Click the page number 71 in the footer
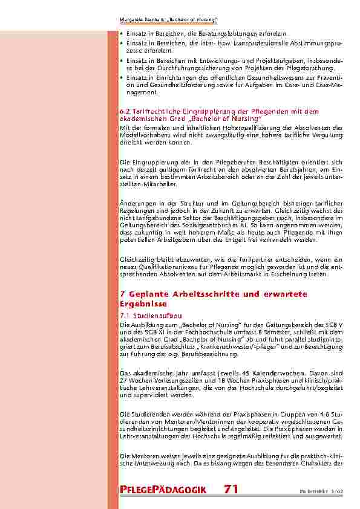[x=231, y=488]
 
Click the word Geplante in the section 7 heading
[x=148, y=294]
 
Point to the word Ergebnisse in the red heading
[x=143, y=303]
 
